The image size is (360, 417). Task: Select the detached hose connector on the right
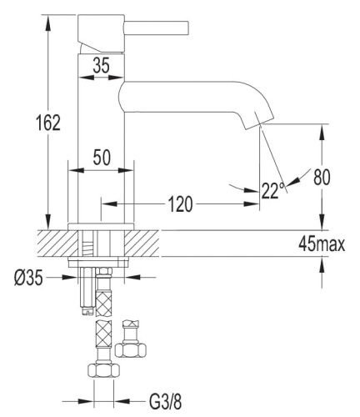[x=130, y=337]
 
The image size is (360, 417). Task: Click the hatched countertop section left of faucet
[x=54, y=243]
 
